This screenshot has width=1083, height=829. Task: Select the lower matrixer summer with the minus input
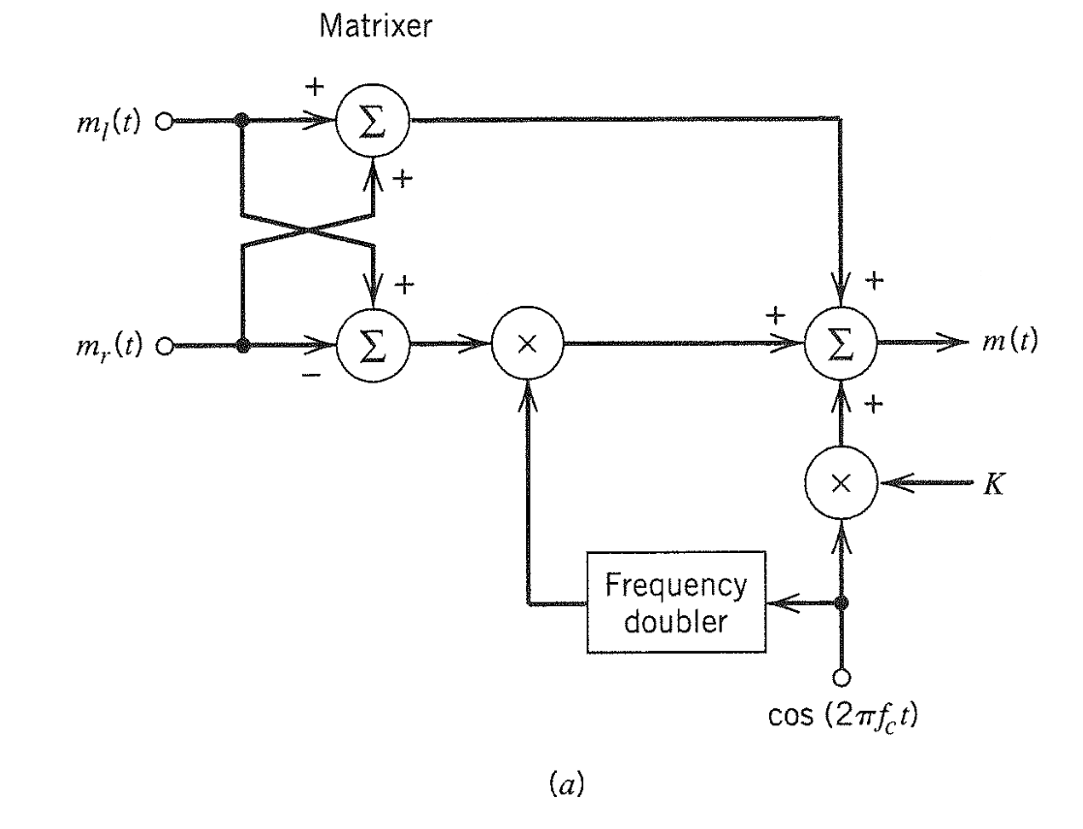(x=373, y=344)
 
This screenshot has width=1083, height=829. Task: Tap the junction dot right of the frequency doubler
(x=842, y=602)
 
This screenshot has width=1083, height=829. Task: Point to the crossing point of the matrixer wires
(x=307, y=232)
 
